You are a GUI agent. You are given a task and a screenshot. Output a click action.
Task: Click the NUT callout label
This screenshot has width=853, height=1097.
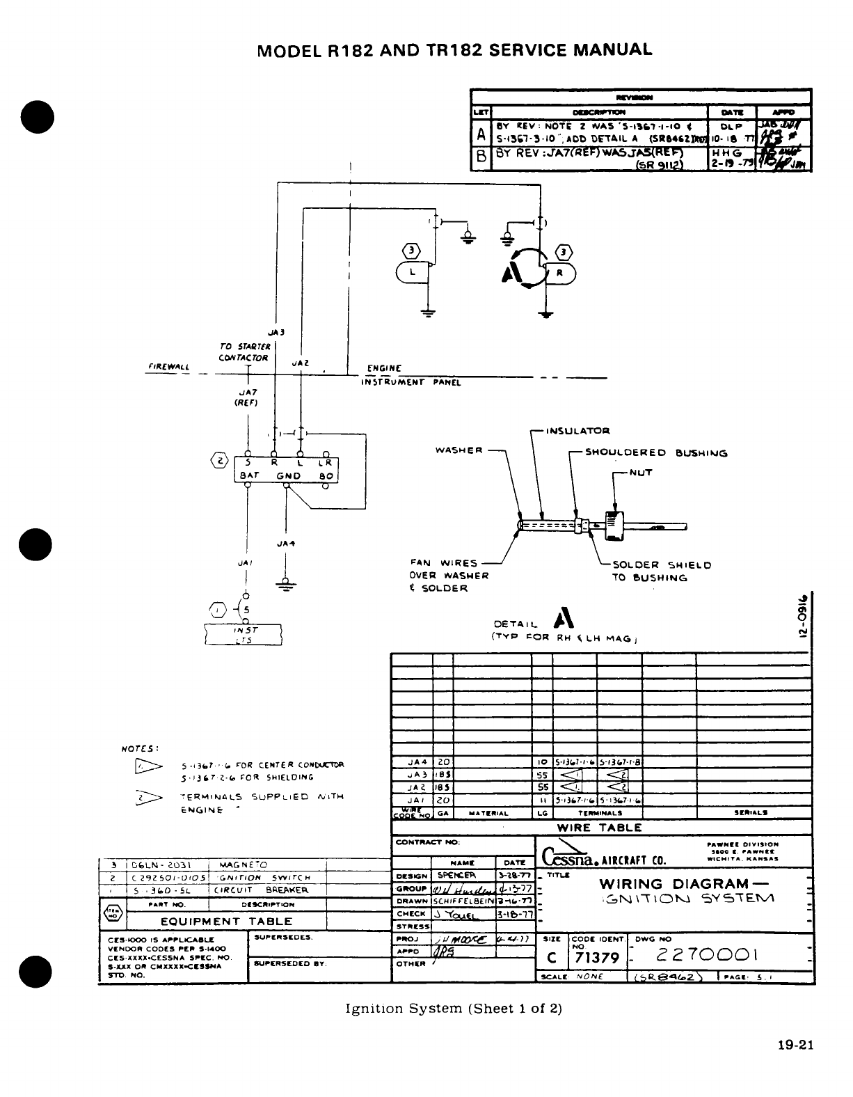coord(640,473)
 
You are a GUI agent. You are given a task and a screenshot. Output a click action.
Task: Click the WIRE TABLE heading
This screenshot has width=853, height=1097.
coord(600,828)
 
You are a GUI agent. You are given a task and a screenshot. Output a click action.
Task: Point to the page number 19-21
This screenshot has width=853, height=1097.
coord(796,1044)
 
